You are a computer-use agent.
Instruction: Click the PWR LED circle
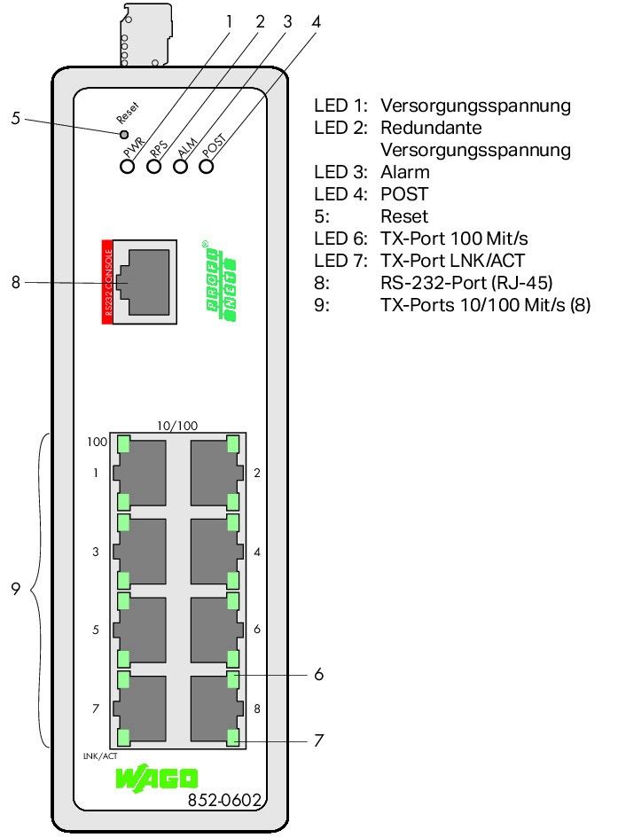click(x=127, y=166)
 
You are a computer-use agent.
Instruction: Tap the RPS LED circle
click(x=153, y=166)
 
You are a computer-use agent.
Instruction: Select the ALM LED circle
click(x=181, y=166)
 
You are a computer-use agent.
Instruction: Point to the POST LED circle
click(x=207, y=166)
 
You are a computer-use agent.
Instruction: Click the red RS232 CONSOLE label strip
click(x=108, y=280)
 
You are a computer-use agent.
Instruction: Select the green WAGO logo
click(x=157, y=780)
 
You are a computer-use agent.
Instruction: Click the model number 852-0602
click(x=224, y=801)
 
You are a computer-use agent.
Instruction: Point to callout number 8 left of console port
click(x=15, y=283)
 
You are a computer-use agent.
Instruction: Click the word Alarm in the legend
click(x=404, y=172)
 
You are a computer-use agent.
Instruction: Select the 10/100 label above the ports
click(x=177, y=426)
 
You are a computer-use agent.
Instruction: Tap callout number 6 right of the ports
click(x=318, y=675)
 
